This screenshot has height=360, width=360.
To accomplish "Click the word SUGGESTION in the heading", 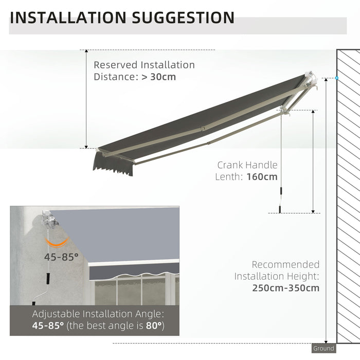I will [x=183, y=17].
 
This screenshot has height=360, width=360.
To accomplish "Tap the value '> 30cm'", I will [x=159, y=77].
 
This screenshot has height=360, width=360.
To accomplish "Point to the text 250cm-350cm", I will [x=285, y=288].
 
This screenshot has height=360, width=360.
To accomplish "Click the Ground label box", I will [x=323, y=349].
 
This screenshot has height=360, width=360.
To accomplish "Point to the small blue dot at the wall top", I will [x=336, y=78].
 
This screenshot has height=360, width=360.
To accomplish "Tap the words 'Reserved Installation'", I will [x=144, y=65].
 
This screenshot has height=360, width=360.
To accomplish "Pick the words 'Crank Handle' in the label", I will [x=247, y=165].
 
